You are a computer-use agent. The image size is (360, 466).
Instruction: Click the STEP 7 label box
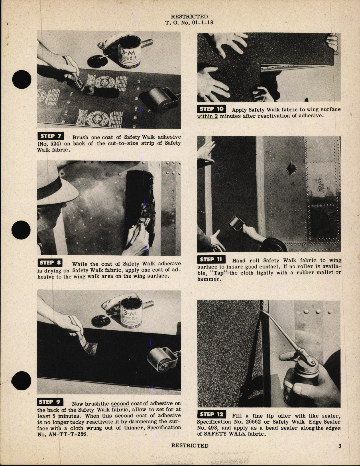tap(50, 136)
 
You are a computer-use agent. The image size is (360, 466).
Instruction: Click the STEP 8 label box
tap(50, 262)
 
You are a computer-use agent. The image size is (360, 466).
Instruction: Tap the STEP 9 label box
tap(50, 402)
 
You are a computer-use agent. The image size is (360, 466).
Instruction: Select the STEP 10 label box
tap(211, 109)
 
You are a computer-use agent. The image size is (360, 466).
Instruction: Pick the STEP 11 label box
tap(211, 259)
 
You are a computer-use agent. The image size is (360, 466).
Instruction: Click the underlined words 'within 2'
tap(207, 116)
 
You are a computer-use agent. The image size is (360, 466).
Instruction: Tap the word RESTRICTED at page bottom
tap(190, 445)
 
